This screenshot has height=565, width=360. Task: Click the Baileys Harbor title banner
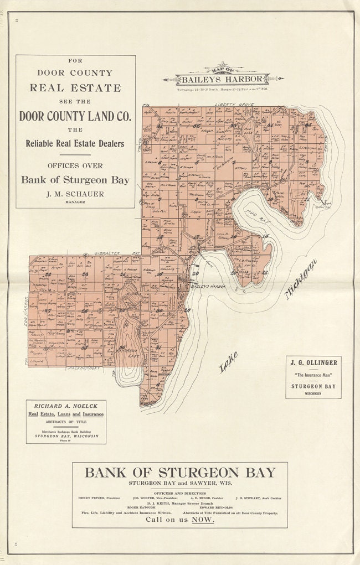click(223, 79)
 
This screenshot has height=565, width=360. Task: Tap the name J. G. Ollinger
click(313, 363)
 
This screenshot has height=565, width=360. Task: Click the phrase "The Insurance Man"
click(313, 375)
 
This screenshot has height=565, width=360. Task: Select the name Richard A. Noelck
click(66, 406)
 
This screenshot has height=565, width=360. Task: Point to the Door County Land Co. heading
click(75, 116)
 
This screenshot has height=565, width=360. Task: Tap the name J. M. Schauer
click(75, 194)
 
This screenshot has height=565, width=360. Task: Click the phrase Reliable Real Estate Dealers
click(75, 143)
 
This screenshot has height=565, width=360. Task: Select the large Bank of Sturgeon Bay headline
click(179, 473)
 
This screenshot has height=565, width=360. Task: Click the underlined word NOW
click(202, 520)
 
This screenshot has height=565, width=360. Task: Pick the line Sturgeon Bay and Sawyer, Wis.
click(179, 483)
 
